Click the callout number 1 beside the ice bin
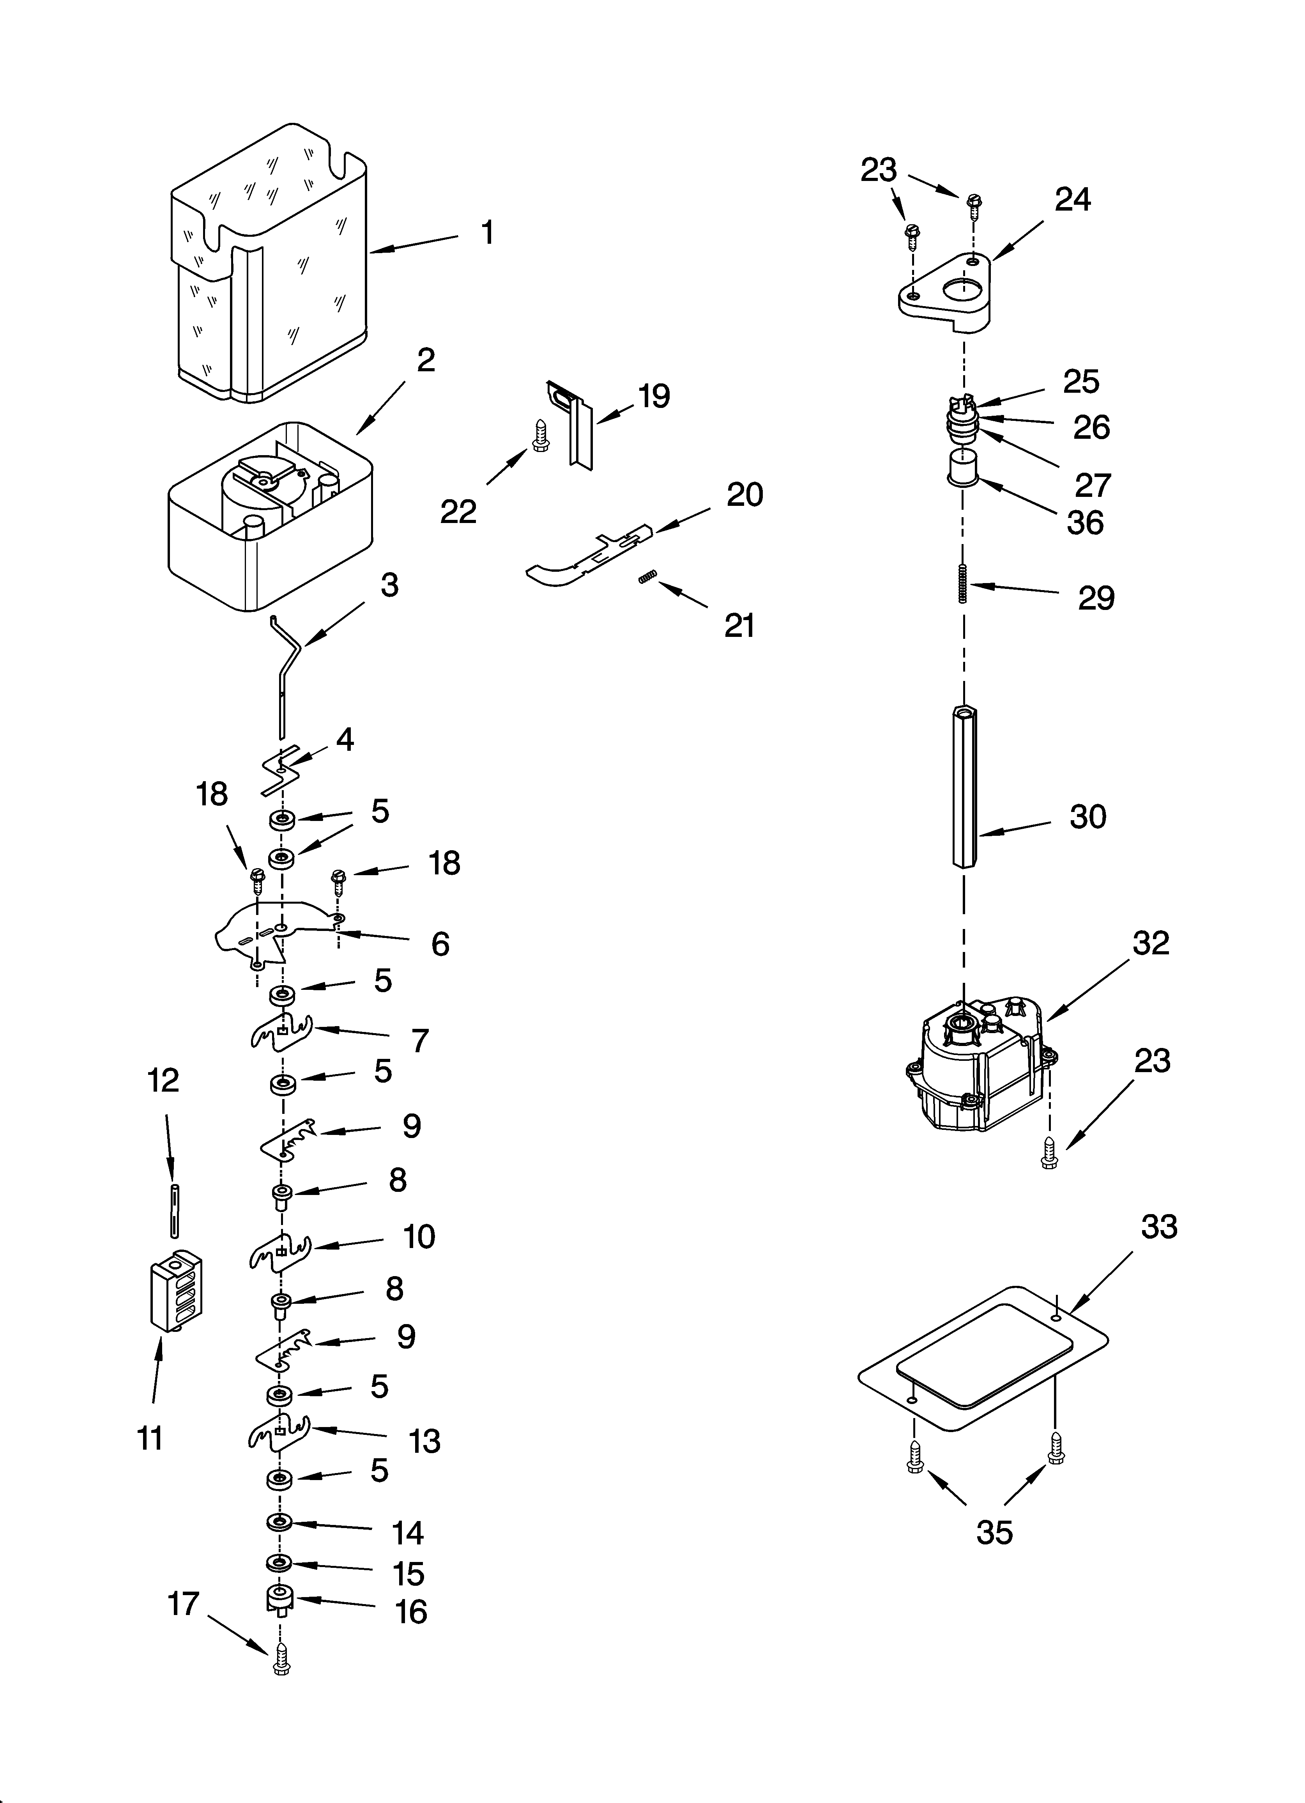(487, 233)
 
